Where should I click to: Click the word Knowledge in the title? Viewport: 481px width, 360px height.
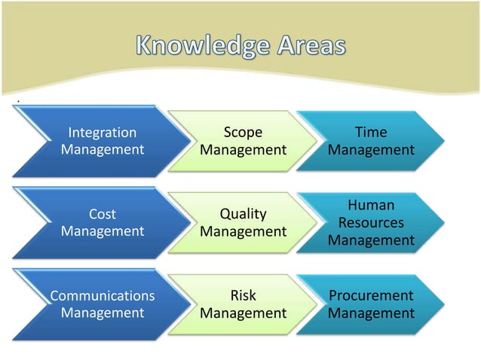coord(199,47)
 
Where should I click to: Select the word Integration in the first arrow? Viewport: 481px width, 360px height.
coord(103,133)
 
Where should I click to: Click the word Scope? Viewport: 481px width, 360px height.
coord(243,133)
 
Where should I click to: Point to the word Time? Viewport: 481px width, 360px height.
coord(371,133)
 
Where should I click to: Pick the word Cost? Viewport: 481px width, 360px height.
coord(103,215)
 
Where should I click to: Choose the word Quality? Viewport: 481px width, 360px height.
coord(243,215)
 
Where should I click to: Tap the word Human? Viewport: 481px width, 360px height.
coord(371,205)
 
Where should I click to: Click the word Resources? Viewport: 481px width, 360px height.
coord(371,223)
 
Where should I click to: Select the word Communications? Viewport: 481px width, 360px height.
coord(103,296)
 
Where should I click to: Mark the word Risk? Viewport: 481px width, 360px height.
coord(243,296)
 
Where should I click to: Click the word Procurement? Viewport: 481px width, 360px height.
coord(371,296)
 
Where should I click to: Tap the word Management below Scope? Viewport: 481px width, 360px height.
coord(243,150)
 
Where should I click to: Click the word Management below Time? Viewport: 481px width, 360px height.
coord(371,150)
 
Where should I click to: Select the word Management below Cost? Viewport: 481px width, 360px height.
coord(103,231)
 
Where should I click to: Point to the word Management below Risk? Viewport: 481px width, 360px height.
coord(243,313)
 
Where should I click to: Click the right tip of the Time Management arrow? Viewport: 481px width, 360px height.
coord(443,142)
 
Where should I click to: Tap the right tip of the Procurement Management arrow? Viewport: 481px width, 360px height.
coord(443,304)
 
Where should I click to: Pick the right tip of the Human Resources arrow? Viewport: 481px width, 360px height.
coord(443,223)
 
